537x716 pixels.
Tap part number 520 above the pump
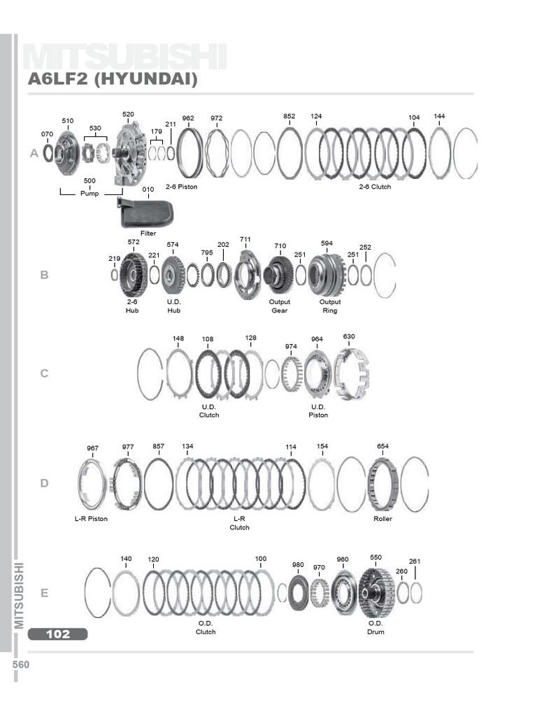click(x=128, y=115)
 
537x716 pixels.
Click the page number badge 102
click(x=58, y=634)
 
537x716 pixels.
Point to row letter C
click(x=44, y=373)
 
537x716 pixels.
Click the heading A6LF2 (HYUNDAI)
click(x=113, y=80)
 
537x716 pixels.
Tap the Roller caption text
click(x=382, y=519)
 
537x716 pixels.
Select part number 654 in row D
click(x=382, y=446)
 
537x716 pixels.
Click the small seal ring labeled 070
click(x=48, y=152)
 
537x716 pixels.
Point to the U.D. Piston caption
click(x=318, y=410)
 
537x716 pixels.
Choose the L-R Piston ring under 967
click(x=92, y=483)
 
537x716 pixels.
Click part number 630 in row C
click(x=349, y=336)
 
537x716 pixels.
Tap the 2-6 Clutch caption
click(x=375, y=187)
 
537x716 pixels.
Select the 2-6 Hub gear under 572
click(x=133, y=275)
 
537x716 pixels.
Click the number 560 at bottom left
click(x=21, y=665)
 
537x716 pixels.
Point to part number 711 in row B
click(x=245, y=240)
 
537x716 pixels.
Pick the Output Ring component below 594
click(x=327, y=275)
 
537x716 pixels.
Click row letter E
click(x=44, y=594)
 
